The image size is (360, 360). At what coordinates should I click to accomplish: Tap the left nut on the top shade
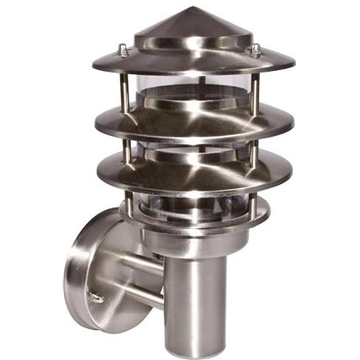click(124, 51)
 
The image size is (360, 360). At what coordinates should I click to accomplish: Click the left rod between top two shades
click(125, 91)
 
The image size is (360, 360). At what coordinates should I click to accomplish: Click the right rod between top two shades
click(255, 91)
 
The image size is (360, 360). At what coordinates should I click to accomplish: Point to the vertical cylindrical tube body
click(194, 300)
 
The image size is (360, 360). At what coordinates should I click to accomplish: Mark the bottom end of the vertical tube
click(194, 351)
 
